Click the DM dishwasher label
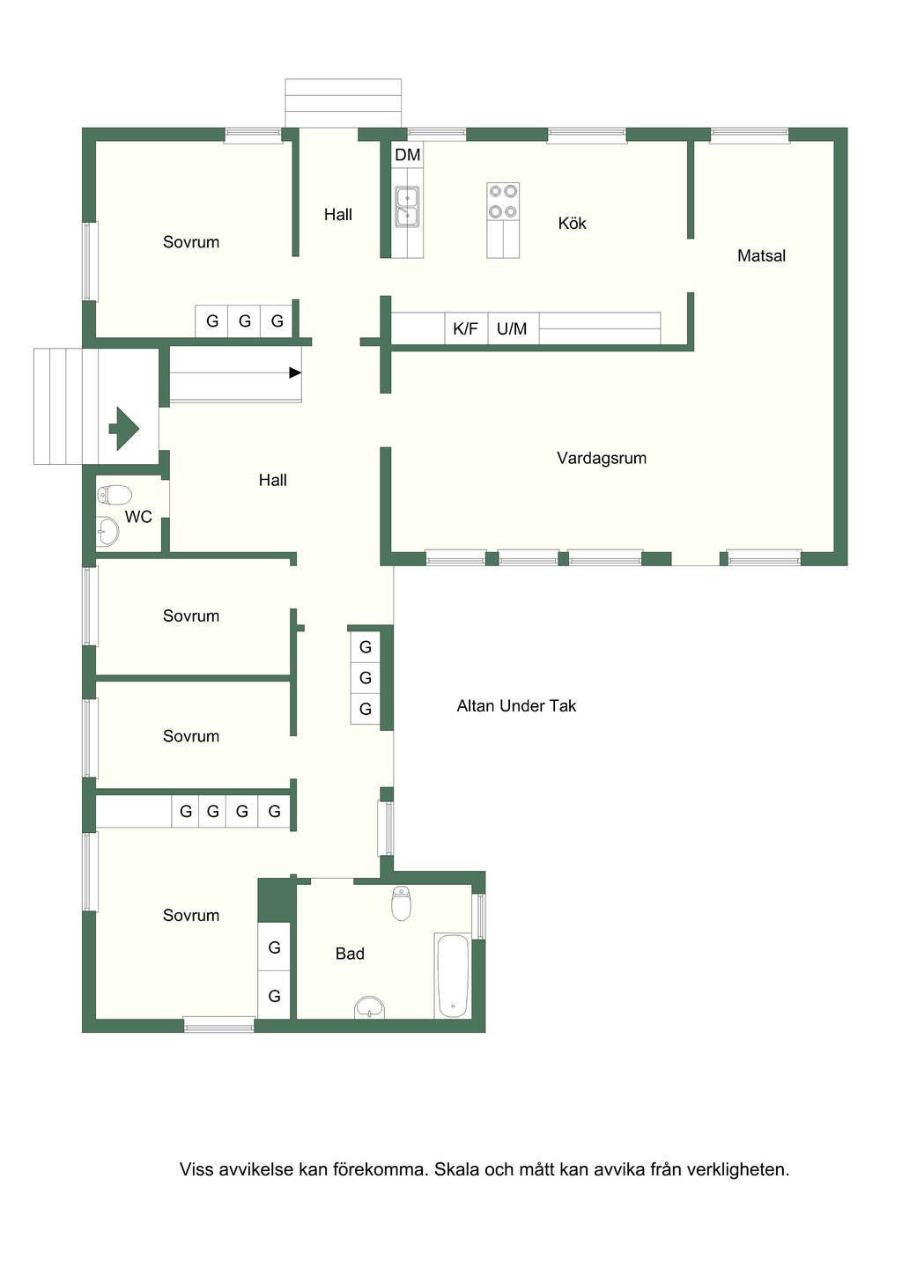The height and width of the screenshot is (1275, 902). click(407, 155)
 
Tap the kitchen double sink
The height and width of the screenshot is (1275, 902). click(407, 206)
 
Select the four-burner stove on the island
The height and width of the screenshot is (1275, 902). click(503, 202)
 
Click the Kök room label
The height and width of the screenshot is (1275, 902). click(572, 223)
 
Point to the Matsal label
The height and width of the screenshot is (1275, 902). click(761, 255)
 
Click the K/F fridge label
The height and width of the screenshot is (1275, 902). click(465, 328)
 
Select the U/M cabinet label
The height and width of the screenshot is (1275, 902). click(512, 328)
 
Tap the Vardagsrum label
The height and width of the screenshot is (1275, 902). click(602, 458)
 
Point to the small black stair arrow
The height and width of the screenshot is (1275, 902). click(295, 372)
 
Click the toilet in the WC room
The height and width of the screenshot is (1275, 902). click(115, 495)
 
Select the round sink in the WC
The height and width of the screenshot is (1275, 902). click(107, 532)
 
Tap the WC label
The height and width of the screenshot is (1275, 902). click(138, 517)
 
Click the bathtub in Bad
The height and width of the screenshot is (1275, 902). click(453, 976)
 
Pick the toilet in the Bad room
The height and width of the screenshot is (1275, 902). click(401, 903)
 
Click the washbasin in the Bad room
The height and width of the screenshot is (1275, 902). click(370, 1007)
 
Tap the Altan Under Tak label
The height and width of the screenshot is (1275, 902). click(516, 706)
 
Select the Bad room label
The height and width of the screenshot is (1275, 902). click(350, 954)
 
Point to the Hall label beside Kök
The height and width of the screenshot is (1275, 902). click(337, 215)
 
